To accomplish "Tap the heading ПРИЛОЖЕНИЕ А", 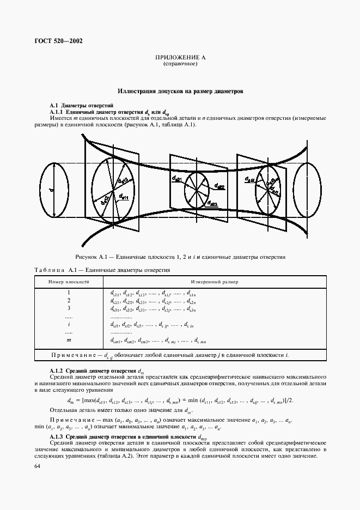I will point(180,57).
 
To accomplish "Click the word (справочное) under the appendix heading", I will point(180,64).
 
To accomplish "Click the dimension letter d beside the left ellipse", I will point(50,190).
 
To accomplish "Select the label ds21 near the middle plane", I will point(176,178).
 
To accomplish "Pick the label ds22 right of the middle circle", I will point(219,186).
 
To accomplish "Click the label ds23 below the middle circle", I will point(212,204).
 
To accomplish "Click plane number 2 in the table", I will point(69,301).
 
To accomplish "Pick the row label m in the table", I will point(69,341).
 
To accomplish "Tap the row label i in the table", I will point(69,325).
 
